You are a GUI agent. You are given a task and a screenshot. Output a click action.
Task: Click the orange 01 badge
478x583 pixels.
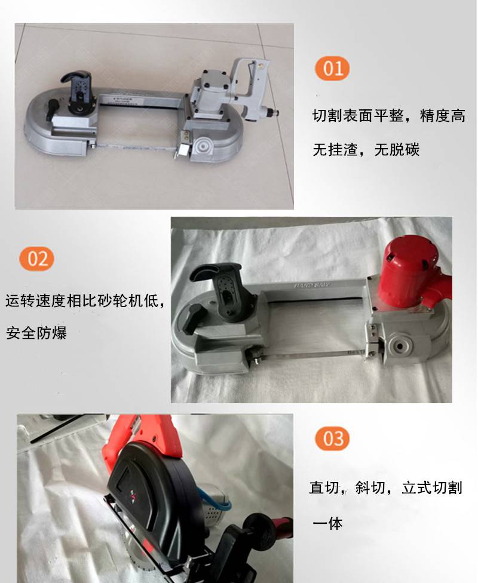(x=332, y=69)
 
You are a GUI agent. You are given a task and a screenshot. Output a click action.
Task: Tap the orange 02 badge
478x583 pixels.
(x=37, y=259)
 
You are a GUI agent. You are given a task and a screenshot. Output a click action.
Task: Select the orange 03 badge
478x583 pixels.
(x=333, y=438)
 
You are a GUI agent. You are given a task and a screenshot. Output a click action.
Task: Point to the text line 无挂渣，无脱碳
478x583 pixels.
(x=366, y=150)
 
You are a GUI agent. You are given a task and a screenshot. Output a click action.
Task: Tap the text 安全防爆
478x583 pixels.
(x=36, y=333)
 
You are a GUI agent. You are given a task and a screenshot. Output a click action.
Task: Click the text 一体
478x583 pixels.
(x=327, y=523)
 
